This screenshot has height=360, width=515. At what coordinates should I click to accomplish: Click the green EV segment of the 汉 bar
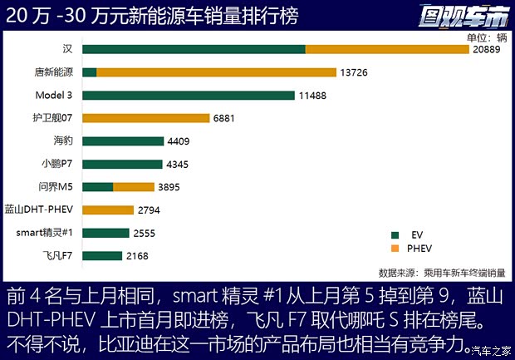[x=194, y=49]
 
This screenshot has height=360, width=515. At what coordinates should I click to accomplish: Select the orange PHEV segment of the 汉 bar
[x=387, y=49]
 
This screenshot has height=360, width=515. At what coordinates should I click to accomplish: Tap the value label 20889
[x=491, y=50]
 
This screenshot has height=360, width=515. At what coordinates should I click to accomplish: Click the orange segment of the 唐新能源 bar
[x=216, y=72]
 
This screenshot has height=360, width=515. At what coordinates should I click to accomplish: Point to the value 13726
[x=357, y=73]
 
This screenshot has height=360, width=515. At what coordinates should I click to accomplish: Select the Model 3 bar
[x=189, y=95]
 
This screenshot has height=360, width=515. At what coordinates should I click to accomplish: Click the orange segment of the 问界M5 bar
[x=134, y=187]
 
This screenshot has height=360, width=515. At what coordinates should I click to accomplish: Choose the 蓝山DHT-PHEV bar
[x=108, y=210]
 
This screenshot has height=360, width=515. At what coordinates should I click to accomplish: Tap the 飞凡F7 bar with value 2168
[x=102, y=255]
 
